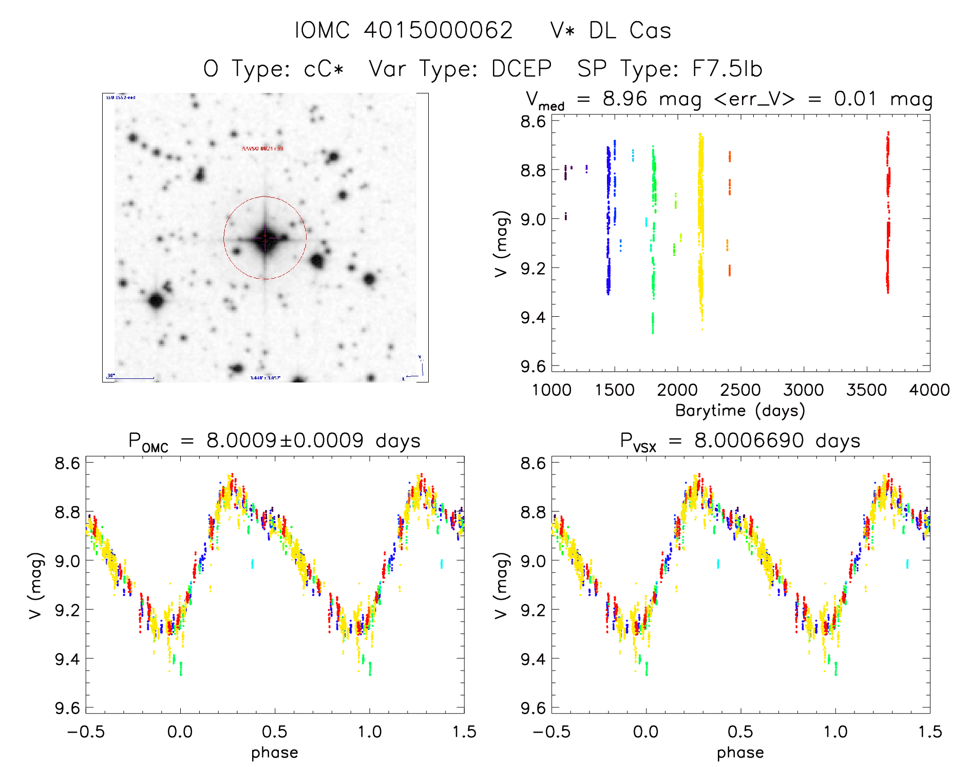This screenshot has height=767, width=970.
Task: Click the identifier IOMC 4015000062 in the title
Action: pyautogui.click(x=404, y=31)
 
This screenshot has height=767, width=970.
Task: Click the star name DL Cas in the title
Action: pyautogui.click(x=630, y=31)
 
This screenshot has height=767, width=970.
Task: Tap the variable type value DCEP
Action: pyautogui.click(x=521, y=69)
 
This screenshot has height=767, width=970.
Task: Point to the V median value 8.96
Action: pyautogui.click(x=625, y=99)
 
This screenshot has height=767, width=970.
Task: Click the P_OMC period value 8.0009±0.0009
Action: pyautogui.click(x=285, y=440)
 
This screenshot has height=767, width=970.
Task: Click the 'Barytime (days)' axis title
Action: pyautogui.click(x=740, y=411)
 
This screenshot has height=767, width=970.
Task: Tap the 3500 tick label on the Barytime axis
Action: pyautogui.click(x=866, y=390)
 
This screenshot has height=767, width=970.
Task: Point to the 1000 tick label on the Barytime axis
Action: pyautogui.click(x=551, y=390)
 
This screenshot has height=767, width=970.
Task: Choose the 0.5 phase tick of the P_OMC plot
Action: pyautogui.click(x=275, y=732)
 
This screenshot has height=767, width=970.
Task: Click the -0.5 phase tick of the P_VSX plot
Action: pyautogui.click(x=551, y=732)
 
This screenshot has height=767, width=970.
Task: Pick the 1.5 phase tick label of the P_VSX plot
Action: pyautogui.click(x=929, y=732)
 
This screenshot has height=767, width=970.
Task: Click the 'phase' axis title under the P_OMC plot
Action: pyautogui.click(x=275, y=753)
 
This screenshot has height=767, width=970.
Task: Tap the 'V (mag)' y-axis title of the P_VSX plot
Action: pyautogui.click(x=501, y=585)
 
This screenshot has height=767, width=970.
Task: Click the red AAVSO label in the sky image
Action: pyautogui.click(x=262, y=148)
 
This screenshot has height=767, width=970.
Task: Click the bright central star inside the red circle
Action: pyautogui.click(x=265, y=239)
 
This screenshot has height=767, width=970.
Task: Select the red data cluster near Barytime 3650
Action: pyautogui.click(x=888, y=216)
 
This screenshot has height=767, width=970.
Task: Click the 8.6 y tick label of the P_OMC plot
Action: pyautogui.click(x=67, y=463)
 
